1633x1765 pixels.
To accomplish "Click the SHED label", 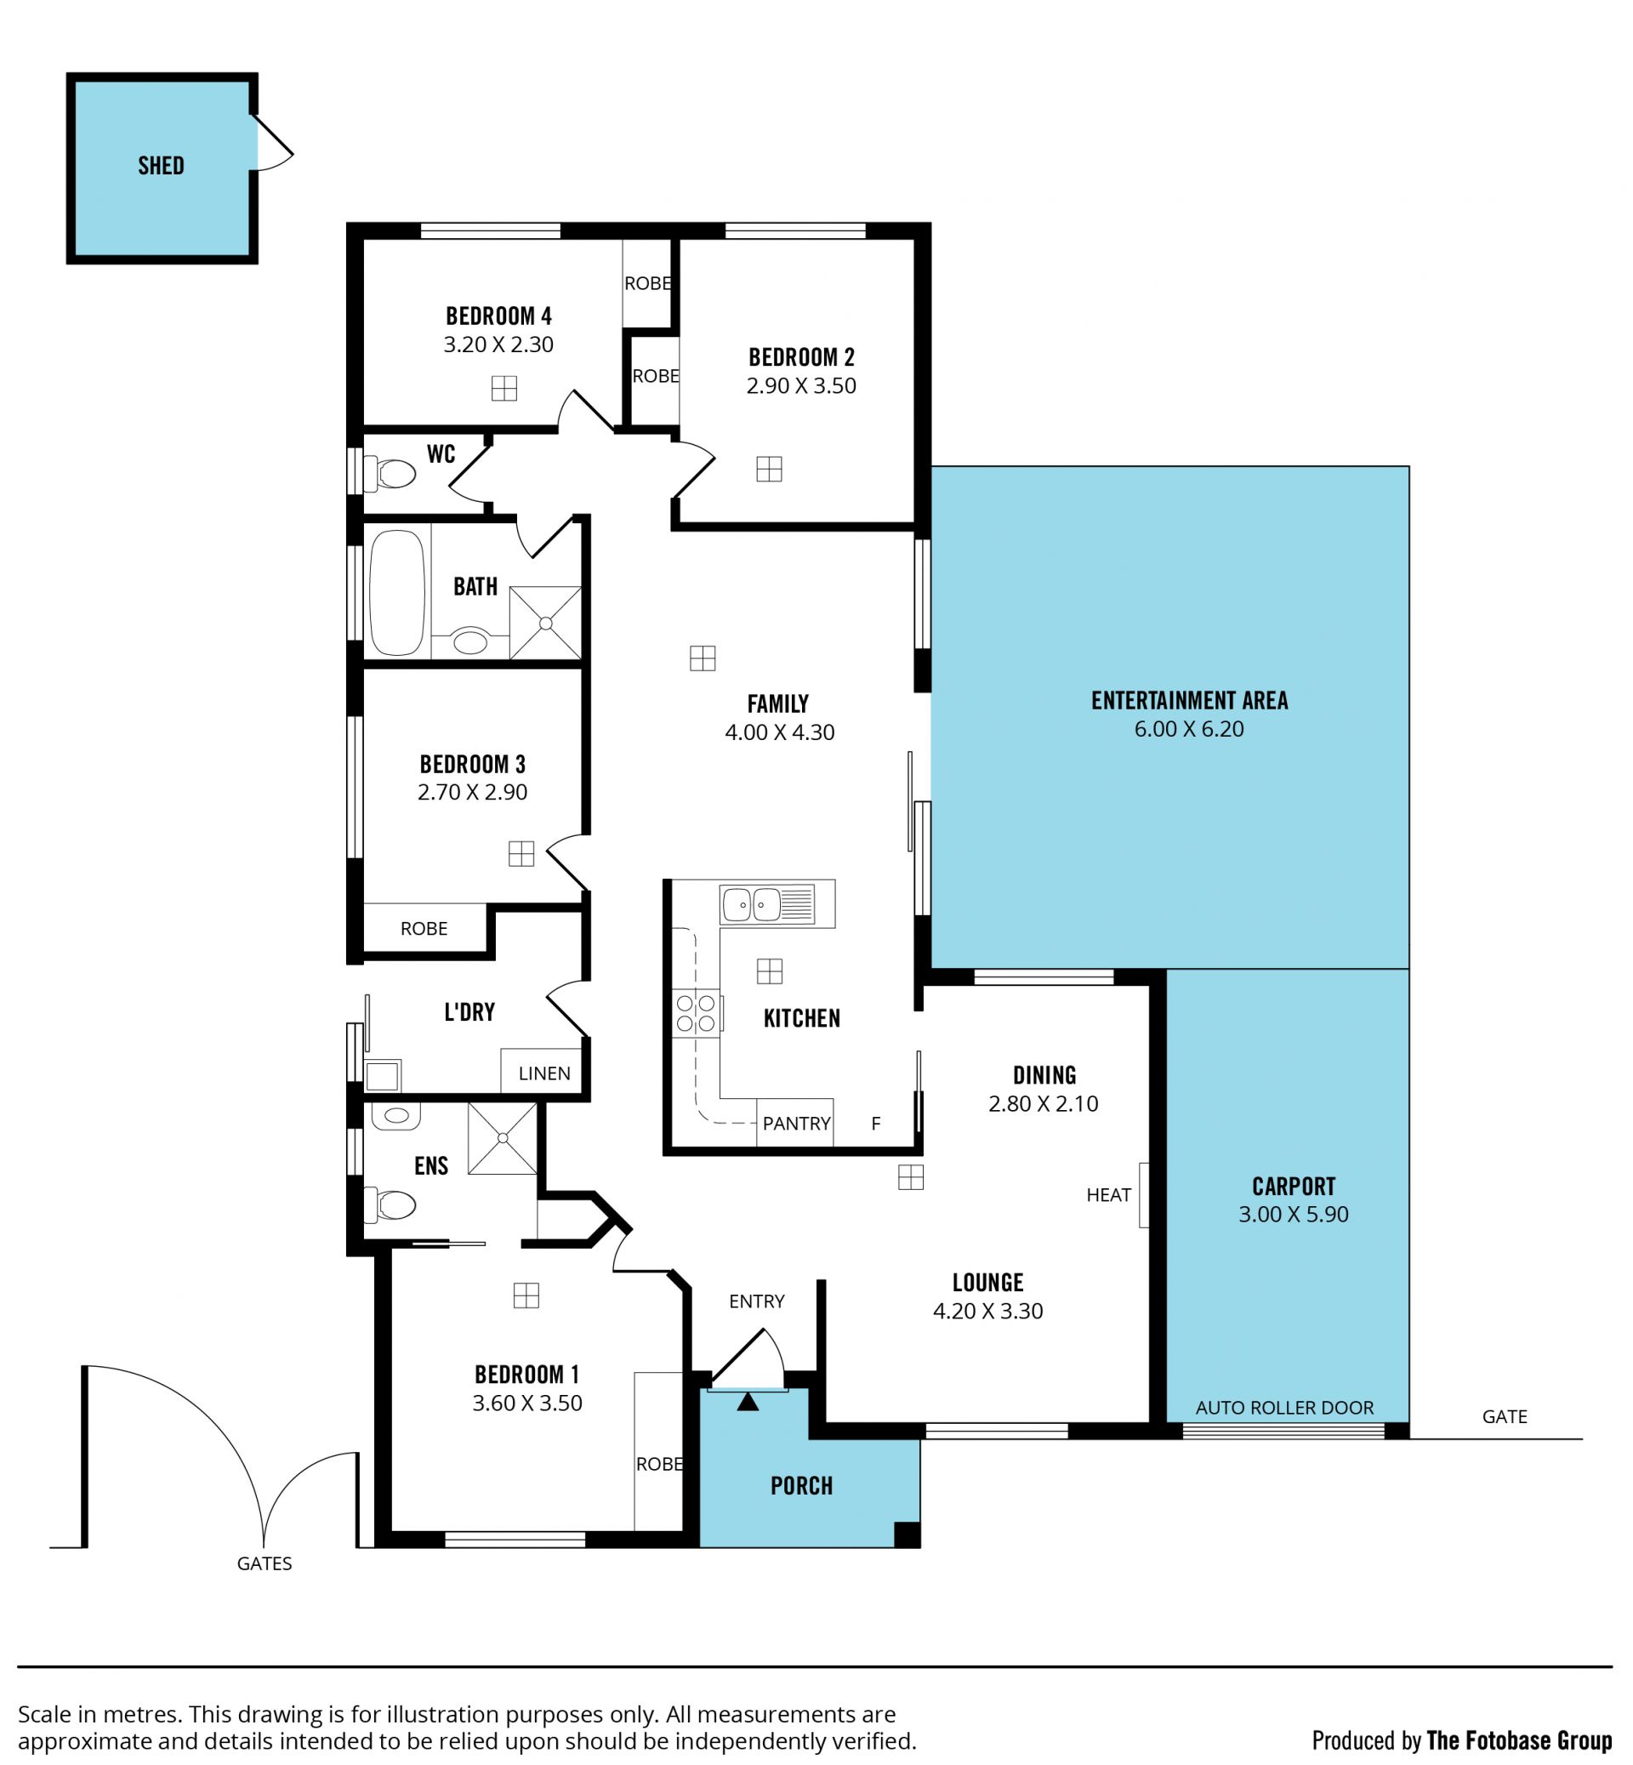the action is [x=161, y=165].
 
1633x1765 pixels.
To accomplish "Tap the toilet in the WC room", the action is [x=390, y=475].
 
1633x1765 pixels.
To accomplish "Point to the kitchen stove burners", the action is [x=697, y=1014].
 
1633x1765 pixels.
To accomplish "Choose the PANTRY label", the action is [x=796, y=1124].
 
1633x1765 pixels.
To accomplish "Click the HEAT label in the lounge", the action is [x=1108, y=1195].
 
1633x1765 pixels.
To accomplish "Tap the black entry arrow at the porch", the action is [x=748, y=1402].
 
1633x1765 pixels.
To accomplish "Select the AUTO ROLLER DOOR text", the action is [x=1285, y=1408].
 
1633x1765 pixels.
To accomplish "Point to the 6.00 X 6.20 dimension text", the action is [x=1188, y=729].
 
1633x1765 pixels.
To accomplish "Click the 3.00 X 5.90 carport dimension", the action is [x=1294, y=1215].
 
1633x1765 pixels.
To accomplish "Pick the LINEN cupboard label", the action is [x=544, y=1073].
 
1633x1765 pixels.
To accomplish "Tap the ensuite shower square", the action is [x=502, y=1138].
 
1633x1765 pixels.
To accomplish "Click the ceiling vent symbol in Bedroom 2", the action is [x=769, y=469].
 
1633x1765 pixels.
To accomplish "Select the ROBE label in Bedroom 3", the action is [x=424, y=928].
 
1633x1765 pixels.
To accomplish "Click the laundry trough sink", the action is [x=382, y=1076].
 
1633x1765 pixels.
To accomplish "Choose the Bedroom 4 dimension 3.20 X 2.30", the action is [x=498, y=344].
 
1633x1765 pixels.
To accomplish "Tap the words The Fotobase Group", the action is [x=1519, y=1740].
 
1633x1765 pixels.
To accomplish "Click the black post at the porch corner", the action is [x=908, y=1535].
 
